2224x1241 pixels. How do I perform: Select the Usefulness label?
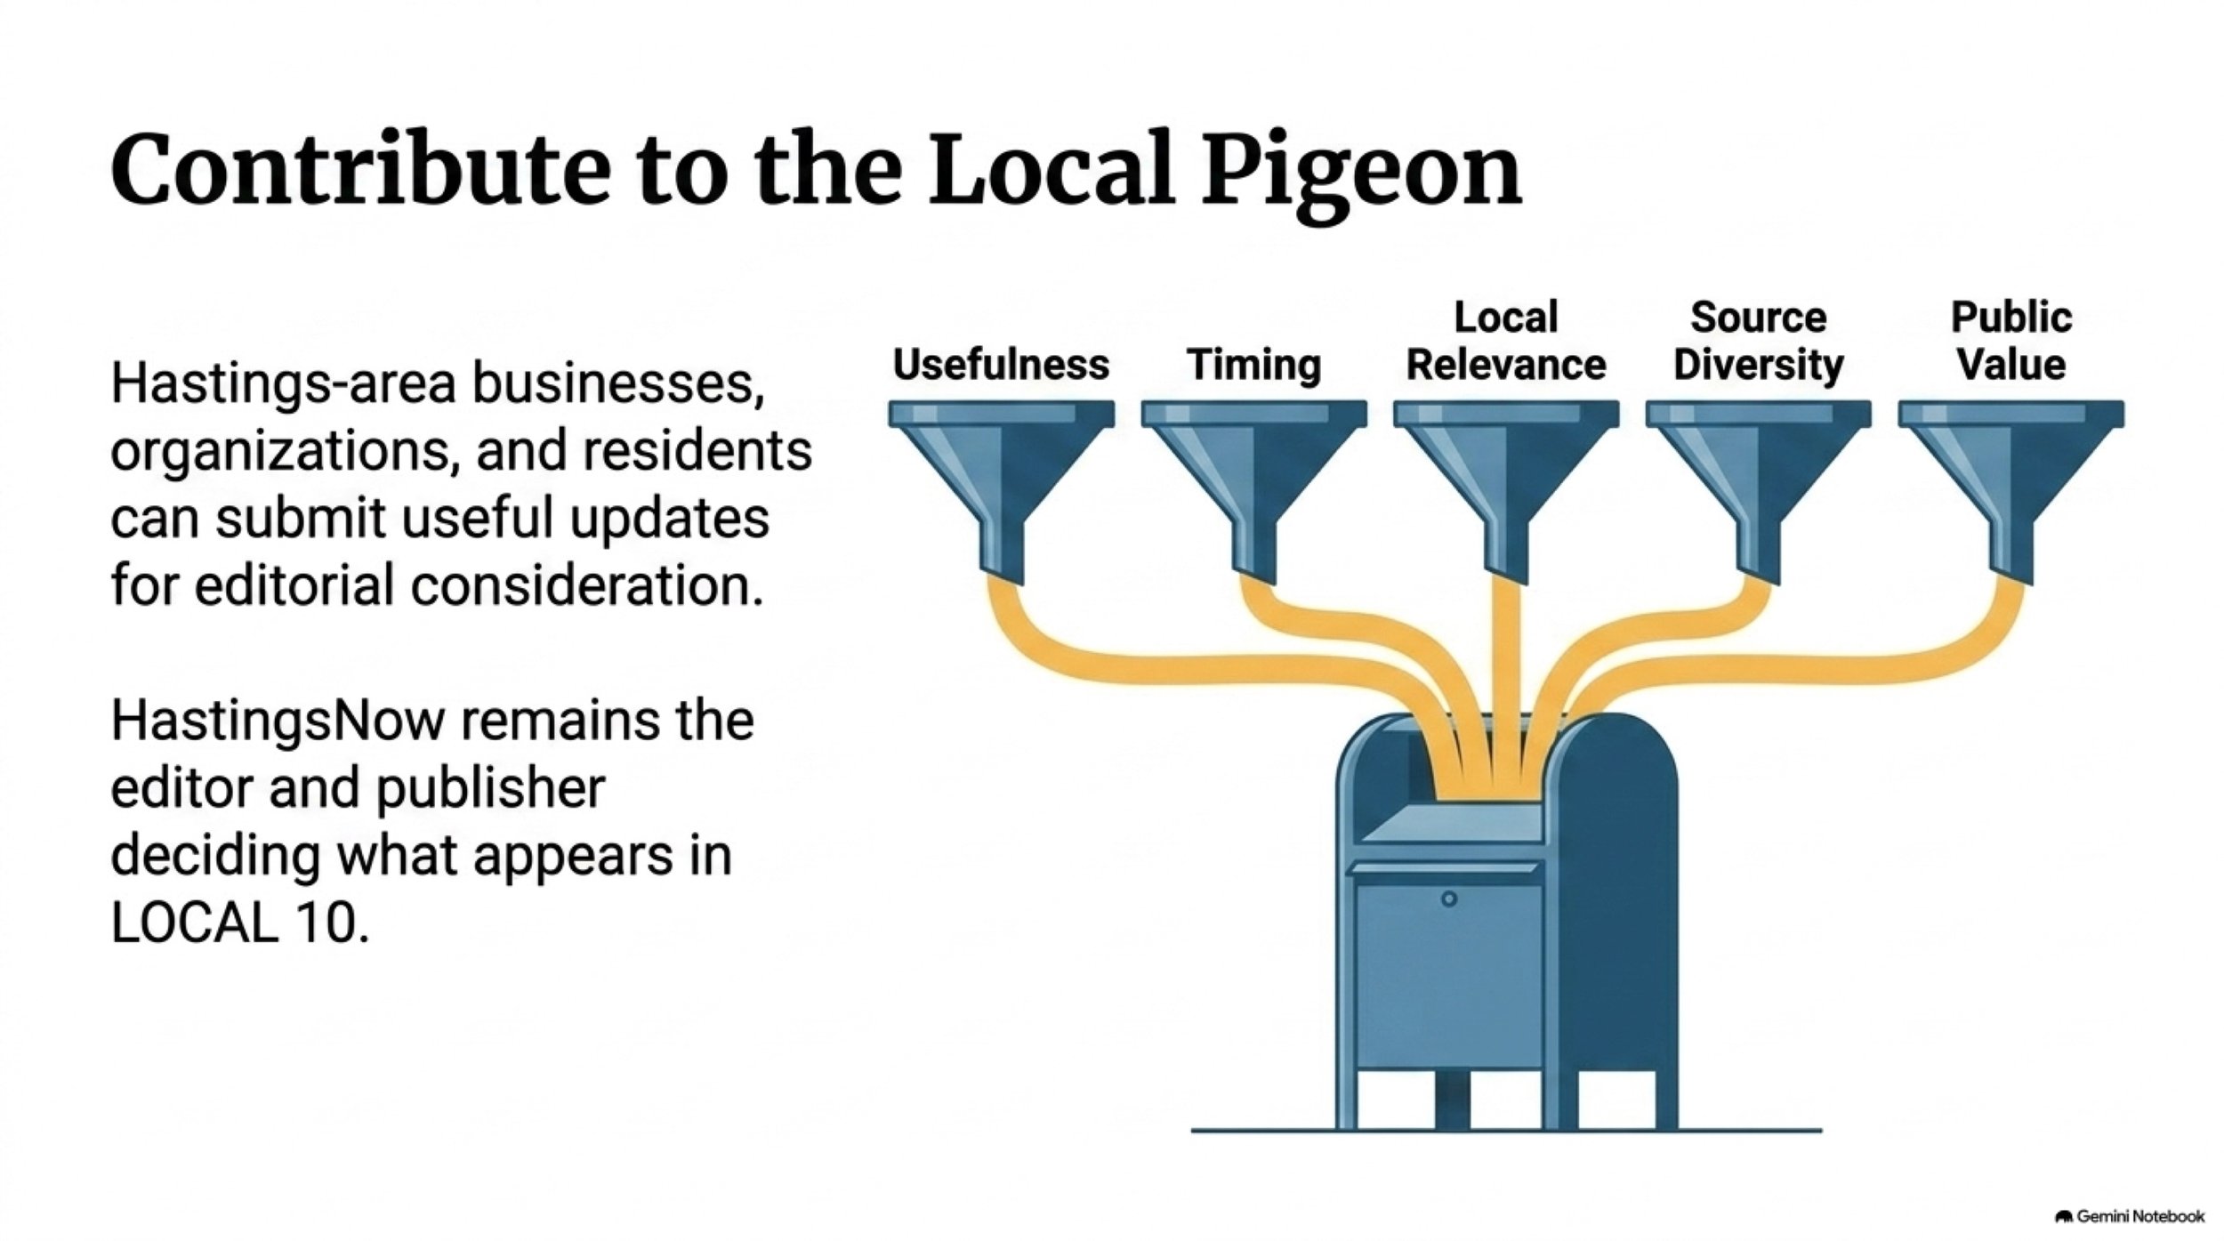[1001, 364]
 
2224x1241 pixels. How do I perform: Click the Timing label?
[1254, 366]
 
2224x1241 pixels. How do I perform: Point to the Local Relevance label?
[1506, 341]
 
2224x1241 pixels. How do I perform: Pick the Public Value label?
[2011, 341]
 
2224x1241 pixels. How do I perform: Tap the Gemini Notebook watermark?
[2130, 1215]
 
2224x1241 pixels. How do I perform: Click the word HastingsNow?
[277, 721]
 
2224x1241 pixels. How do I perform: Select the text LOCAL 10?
[239, 923]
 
